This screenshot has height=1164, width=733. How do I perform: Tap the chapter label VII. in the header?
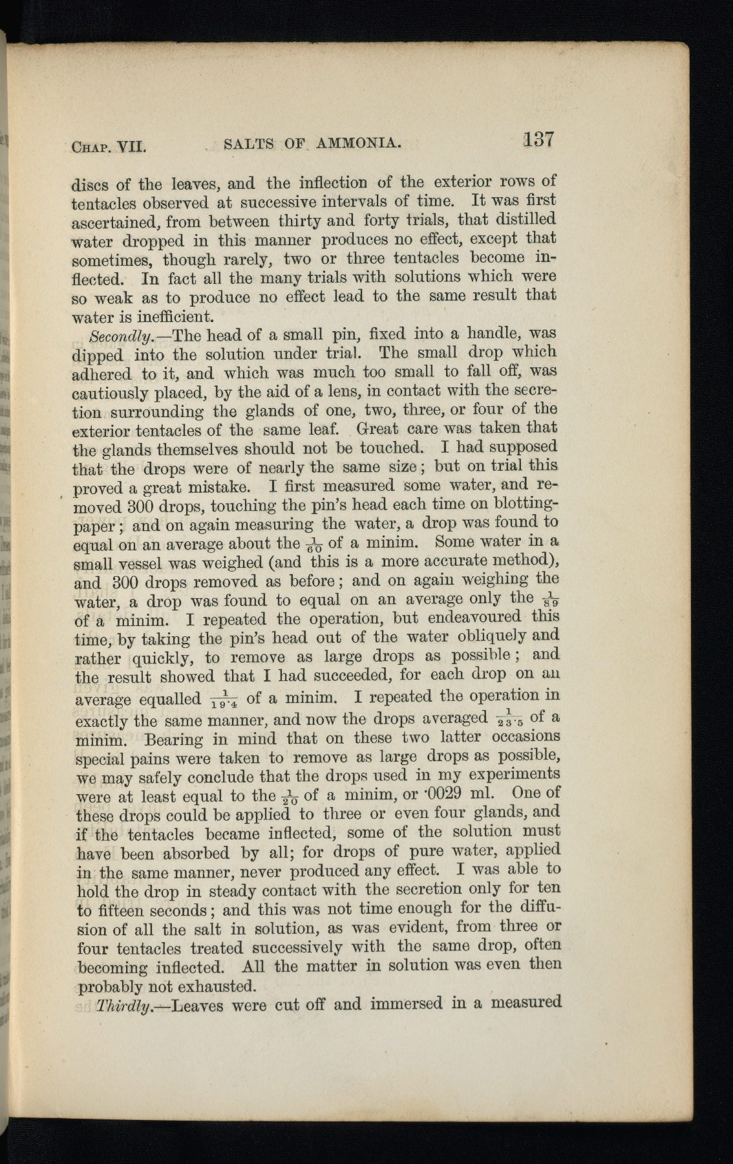(131, 147)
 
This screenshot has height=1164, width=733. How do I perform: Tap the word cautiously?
(113, 393)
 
